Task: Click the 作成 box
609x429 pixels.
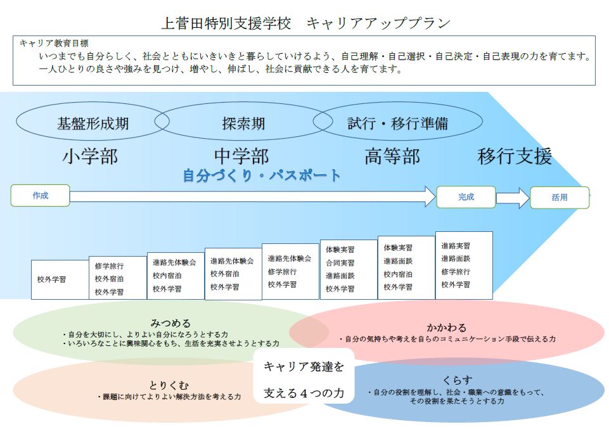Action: coord(40,195)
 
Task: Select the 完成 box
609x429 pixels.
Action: coord(466,197)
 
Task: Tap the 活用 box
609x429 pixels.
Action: coord(560,198)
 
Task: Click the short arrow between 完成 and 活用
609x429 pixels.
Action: coord(513,198)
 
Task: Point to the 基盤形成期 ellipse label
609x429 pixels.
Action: coord(93,124)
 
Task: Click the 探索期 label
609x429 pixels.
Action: coord(243,124)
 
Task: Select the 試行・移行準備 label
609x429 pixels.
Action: coord(398,124)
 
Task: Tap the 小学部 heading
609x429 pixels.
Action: coord(90,157)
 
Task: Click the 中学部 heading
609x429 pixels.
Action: coord(241,157)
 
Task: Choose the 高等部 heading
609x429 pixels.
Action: coord(392,157)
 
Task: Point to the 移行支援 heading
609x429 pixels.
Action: coord(515,157)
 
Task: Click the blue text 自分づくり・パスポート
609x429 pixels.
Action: coord(262,176)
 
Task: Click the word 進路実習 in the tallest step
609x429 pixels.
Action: coord(456,246)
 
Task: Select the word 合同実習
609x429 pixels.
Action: coord(340,263)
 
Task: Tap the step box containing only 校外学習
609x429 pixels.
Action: coord(60,279)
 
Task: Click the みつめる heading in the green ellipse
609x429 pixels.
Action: coord(170,323)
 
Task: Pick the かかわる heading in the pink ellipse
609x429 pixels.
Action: coord(446,327)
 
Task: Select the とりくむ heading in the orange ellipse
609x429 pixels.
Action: coord(169,385)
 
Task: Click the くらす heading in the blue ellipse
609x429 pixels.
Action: coord(458,380)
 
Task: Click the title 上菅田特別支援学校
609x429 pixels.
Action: coord(226,23)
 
